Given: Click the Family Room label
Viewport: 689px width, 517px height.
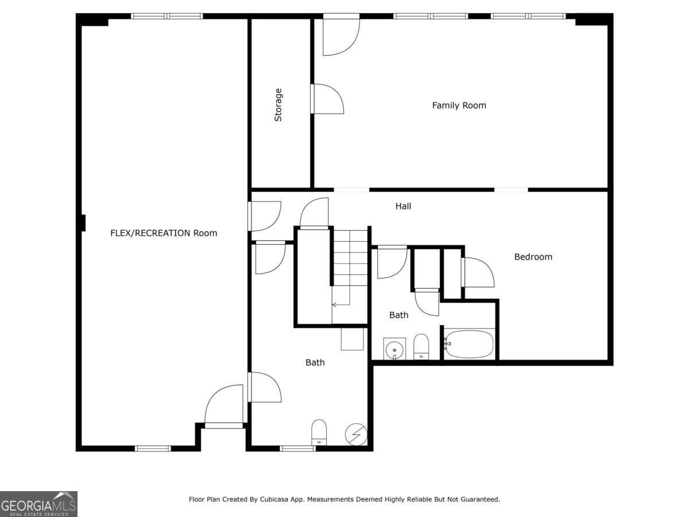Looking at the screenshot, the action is pos(459,106).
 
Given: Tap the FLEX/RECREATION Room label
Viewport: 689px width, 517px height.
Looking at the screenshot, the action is pos(164,233).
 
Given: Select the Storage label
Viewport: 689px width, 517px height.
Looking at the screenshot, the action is pos(278,105).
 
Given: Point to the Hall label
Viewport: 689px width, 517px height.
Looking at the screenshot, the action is pos(403,206).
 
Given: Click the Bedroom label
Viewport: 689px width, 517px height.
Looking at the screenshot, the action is pos(533,257).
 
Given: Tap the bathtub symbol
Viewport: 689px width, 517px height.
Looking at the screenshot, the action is pos(469,344).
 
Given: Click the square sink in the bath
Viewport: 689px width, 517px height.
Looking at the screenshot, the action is pos(394,349).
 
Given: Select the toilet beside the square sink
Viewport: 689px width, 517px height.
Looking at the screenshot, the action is pos(421,346).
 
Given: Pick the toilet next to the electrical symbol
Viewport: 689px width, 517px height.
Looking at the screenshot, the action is pos(319,432).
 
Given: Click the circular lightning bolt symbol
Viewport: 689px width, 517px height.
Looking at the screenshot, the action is pos(356,434).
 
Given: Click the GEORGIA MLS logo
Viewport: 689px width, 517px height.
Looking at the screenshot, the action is pos(38,504).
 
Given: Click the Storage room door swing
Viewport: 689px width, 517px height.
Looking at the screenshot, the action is pos(327,99).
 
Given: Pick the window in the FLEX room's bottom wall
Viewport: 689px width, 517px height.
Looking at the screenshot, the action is pos(153,448).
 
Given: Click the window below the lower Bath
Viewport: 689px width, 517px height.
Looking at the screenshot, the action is pos(297,448).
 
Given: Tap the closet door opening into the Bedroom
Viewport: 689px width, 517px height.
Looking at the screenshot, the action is pos(478,272).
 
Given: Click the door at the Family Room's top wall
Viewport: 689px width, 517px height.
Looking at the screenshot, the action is pos(341,34).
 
